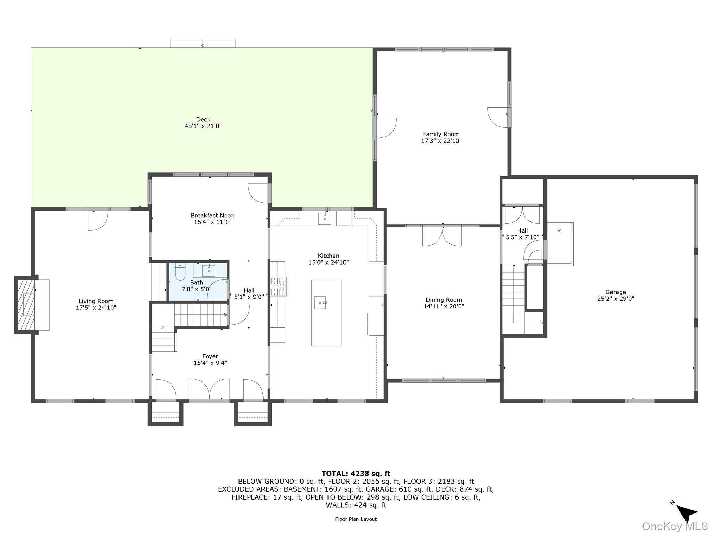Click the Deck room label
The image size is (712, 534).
(203, 120)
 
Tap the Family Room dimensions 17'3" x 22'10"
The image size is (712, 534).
(441, 141)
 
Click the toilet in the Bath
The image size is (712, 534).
(180, 272)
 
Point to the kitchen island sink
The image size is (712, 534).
(320, 302)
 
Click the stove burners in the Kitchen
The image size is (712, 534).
(278, 286)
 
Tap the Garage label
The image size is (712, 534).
(615, 292)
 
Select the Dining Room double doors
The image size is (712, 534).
(442, 237)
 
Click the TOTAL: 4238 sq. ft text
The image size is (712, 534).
(356, 474)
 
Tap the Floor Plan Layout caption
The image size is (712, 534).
(356, 519)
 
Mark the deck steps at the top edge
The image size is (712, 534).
(203, 43)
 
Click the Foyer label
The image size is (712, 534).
(210, 356)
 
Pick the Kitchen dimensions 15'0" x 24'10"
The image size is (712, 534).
(329, 262)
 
